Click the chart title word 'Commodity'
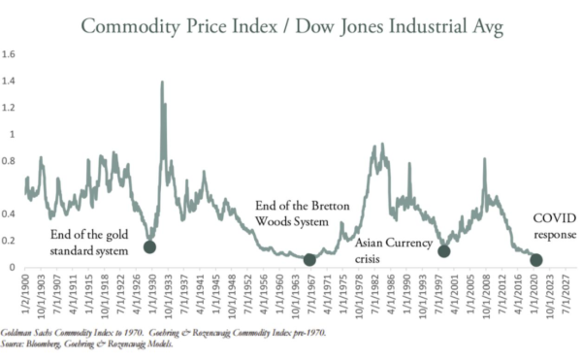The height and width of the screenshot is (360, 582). tap(135, 26)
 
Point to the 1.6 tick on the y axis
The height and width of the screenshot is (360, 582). tap(9, 55)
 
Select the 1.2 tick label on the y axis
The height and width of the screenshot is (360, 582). tap(9, 108)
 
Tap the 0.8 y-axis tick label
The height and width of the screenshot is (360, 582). tap(9, 161)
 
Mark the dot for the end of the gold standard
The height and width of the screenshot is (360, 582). tap(149, 246)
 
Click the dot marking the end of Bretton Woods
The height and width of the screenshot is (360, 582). tap(309, 259)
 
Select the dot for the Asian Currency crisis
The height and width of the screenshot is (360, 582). tap(444, 251)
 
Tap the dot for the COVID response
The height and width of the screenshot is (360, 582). tap(535, 259)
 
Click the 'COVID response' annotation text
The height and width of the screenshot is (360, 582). tap(555, 226)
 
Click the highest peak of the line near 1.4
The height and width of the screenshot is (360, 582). tap(162, 82)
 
